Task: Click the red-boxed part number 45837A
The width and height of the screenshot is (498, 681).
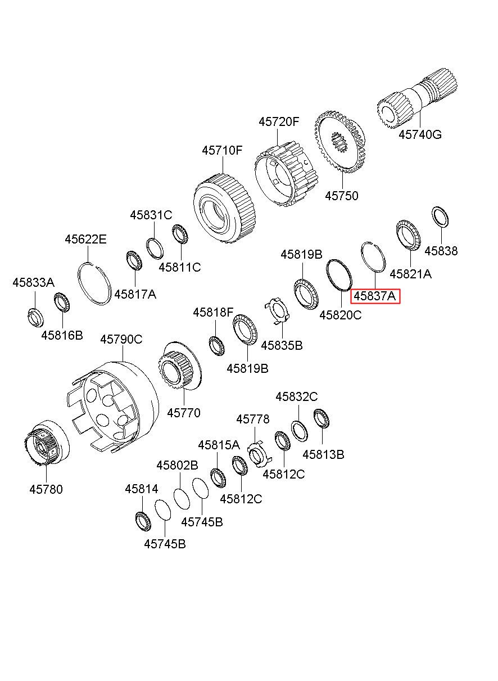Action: tap(375, 296)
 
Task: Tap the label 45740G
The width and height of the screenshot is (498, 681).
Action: tap(420, 134)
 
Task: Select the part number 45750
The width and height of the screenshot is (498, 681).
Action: tap(342, 196)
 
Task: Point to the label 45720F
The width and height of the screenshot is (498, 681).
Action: tap(279, 122)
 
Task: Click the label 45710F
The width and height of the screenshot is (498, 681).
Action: tap(223, 151)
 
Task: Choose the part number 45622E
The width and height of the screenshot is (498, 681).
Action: tap(85, 240)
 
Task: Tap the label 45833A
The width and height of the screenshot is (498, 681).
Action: tap(33, 283)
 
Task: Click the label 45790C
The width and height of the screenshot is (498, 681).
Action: tap(121, 339)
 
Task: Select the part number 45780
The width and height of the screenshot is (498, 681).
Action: tap(46, 489)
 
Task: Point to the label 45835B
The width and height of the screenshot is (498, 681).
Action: tap(282, 346)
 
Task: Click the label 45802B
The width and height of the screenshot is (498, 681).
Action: tap(178, 465)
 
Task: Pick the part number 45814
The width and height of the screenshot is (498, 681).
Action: tap(142, 489)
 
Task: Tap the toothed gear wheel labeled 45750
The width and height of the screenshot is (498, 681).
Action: tap(339, 141)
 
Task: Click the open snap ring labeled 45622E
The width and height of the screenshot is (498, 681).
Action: tap(93, 283)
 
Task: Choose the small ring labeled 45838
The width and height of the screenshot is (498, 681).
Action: tap(440, 217)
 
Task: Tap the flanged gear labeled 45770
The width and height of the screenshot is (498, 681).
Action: tap(180, 368)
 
